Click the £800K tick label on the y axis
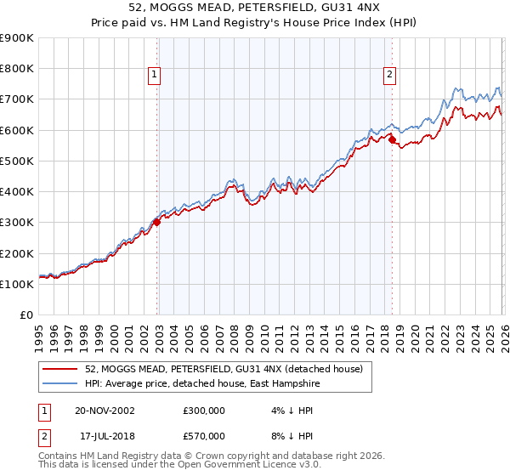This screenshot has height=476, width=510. coord(17,69)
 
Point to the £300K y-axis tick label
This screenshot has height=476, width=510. coord(17,223)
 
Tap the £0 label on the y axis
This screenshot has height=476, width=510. coord(25,315)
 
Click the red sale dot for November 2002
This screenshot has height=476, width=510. coord(157,223)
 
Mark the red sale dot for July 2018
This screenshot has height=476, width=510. coord(392,139)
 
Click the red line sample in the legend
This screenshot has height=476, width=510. coord(62,369)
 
